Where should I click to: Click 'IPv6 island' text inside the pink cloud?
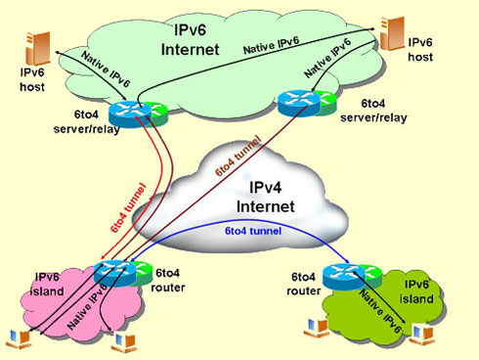(x=49, y=285)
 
